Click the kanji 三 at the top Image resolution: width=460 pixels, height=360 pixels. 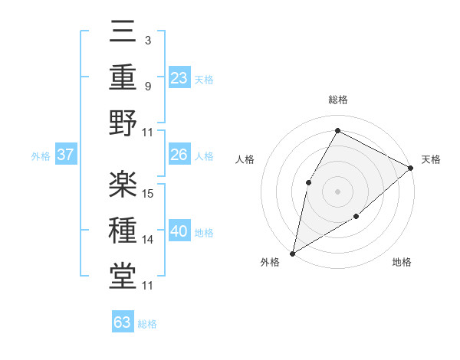point(123,33)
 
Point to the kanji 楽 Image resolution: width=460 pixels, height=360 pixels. point(123,184)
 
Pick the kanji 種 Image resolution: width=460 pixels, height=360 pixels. point(123,230)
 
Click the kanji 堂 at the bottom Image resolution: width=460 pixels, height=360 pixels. point(123,275)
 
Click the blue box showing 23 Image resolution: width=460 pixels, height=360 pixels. point(179,77)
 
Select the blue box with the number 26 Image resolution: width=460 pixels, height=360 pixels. point(179,155)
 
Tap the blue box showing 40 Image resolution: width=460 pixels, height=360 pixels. point(179,231)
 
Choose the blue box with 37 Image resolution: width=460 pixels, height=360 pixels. point(65,155)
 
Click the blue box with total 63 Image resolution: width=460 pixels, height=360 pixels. point(123,322)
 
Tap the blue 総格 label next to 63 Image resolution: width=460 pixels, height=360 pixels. point(147,324)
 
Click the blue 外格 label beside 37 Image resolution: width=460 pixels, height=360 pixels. point(41,156)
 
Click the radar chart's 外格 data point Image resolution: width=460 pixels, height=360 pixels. point(292,253)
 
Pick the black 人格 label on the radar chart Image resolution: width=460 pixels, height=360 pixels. point(245,159)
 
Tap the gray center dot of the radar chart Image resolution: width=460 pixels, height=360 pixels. point(337,191)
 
